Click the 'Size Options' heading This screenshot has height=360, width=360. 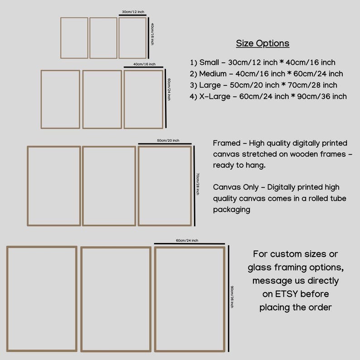tap(263, 44)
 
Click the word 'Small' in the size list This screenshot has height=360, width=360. tap(209, 62)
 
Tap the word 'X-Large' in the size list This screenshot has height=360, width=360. tap(214, 97)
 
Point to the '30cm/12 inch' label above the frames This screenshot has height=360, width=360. tap(133, 12)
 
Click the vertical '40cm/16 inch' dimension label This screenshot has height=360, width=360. tap(152, 34)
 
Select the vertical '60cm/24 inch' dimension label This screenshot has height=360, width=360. tap(169, 89)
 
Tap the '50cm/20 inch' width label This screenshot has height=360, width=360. tap(168, 141)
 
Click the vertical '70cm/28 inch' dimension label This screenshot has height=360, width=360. tap(198, 184)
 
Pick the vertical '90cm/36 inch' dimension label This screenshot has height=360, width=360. tap(232, 297)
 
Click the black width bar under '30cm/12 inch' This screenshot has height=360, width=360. tap(132, 15)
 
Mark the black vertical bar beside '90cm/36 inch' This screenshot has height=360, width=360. tap(229, 298)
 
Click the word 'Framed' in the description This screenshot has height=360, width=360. tap(227, 143)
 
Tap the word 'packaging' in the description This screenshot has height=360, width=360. tap(232, 209)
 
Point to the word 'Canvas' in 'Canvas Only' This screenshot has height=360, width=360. tap(227, 187)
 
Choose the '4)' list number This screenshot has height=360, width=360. tap(193, 97)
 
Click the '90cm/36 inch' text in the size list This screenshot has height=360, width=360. tap(322, 97)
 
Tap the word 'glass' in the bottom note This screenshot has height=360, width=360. tap(259, 268)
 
